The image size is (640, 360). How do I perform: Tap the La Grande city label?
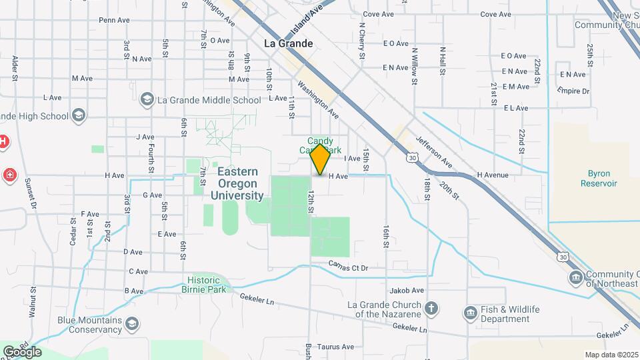tap(288, 43)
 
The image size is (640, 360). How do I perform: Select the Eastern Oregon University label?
tap(237, 183)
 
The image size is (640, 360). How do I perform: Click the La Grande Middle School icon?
tap(147, 100)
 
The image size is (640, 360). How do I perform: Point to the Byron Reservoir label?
tap(599, 177)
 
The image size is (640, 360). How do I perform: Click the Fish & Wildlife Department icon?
tap(471, 313)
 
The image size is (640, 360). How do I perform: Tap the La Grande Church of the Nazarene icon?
tap(432, 308)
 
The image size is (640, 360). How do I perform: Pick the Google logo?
tap(22, 351)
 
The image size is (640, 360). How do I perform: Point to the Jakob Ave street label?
tap(407, 291)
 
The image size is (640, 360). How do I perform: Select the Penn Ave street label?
tap(114, 20)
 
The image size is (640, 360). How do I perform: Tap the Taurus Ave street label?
tap(335, 347)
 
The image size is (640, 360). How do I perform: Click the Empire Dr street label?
tap(573, 91)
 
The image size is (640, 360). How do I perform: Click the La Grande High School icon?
tap(79, 116)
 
